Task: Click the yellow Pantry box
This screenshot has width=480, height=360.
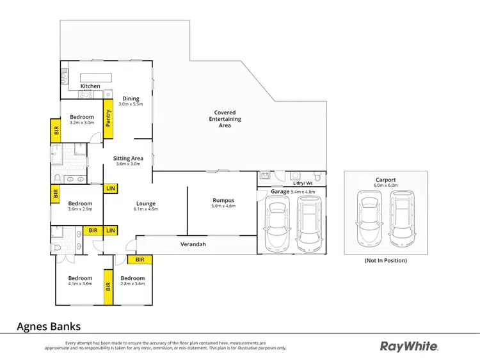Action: (x=108, y=119)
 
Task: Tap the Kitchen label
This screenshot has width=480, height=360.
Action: (x=90, y=86)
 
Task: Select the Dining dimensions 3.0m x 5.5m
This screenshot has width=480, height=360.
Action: (x=131, y=104)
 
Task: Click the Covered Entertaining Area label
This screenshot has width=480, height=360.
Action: (x=225, y=119)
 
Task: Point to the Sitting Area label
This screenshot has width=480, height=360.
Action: (x=128, y=158)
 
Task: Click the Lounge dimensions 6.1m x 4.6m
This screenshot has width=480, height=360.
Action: (x=146, y=209)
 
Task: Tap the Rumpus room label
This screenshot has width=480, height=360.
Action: (x=223, y=200)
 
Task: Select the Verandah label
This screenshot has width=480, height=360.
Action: (x=193, y=244)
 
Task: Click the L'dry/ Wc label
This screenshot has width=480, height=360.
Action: (x=303, y=184)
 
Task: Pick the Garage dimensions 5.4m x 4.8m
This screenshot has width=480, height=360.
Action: (x=303, y=192)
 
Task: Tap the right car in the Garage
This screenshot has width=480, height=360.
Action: (x=310, y=224)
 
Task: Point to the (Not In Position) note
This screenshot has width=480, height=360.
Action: (x=386, y=261)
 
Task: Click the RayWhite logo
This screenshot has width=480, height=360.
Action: (x=409, y=347)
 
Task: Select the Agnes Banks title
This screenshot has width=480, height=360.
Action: (x=49, y=326)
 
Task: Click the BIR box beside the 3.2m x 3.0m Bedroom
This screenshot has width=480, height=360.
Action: (x=56, y=130)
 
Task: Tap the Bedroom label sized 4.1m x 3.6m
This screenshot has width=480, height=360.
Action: (x=80, y=278)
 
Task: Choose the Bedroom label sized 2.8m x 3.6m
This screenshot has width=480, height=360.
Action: (x=132, y=278)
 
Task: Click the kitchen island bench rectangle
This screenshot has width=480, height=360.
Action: (x=96, y=77)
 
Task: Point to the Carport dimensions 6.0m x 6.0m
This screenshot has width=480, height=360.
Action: (x=386, y=185)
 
